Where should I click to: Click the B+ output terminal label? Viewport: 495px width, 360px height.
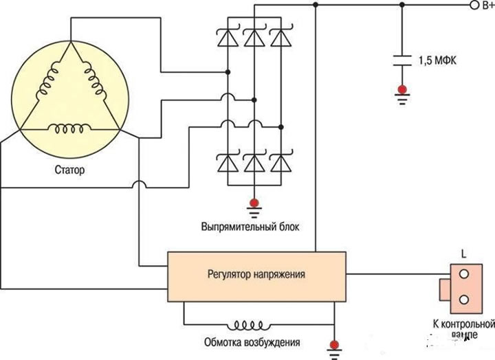485,5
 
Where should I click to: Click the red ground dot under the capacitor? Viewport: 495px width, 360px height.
401,89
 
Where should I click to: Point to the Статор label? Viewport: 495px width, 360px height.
69,169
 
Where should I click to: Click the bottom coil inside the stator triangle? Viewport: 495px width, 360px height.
69,128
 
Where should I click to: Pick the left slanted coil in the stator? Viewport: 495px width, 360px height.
48,85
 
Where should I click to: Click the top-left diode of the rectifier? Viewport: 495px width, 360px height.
228,39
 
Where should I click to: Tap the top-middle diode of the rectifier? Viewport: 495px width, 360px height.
254,39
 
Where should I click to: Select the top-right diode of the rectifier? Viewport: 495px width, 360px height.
280,39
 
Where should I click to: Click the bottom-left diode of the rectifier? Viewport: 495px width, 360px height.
228,163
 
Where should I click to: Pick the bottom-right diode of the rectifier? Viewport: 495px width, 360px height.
280,163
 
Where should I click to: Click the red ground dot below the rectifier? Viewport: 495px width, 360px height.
254,202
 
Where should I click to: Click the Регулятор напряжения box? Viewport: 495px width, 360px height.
256,275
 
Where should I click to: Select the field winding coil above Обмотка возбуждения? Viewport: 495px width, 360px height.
250,324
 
